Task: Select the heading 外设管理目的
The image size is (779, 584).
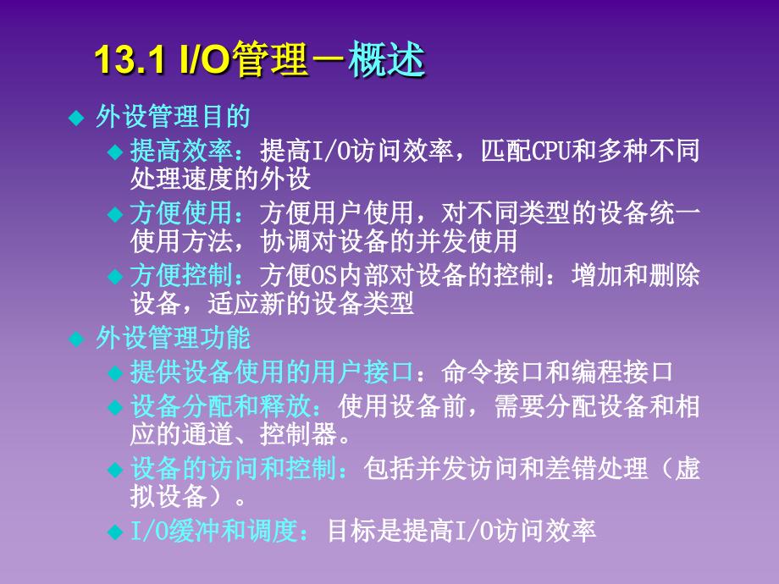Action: coord(173,116)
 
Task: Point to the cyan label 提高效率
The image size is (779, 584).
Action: coord(181,152)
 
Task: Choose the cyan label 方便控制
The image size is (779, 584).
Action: coord(181,276)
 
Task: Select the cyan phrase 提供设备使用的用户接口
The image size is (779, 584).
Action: coord(272,372)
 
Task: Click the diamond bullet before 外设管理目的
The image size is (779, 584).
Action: coord(76,117)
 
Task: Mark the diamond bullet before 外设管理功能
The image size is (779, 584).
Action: coord(76,339)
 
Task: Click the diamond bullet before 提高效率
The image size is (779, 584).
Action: coord(115,152)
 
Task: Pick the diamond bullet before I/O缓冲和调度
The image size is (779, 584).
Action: coord(115,532)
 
